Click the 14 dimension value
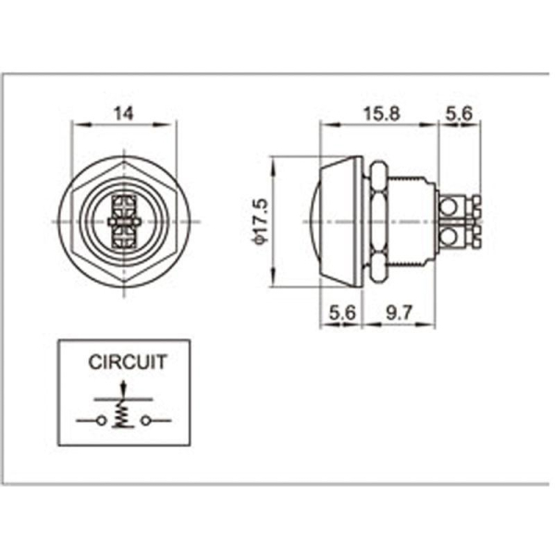tap(123, 114)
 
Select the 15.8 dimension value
tap(380, 114)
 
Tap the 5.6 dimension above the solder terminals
tap(459, 114)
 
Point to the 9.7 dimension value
tap(399, 314)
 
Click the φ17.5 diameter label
tap(260, 222)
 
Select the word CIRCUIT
tap(128, 363)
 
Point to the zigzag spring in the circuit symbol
tap(123, 419)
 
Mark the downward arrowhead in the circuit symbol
tap(123, 397)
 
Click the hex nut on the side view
tap(378, 222)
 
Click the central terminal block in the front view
tap(123, 223)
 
